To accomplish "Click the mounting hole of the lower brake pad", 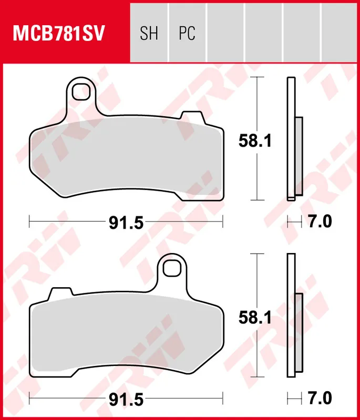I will pos(170,268).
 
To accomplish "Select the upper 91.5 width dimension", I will pos(126,223).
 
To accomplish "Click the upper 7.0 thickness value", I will pos(320,223).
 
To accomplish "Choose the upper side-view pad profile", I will pos(292,139).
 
